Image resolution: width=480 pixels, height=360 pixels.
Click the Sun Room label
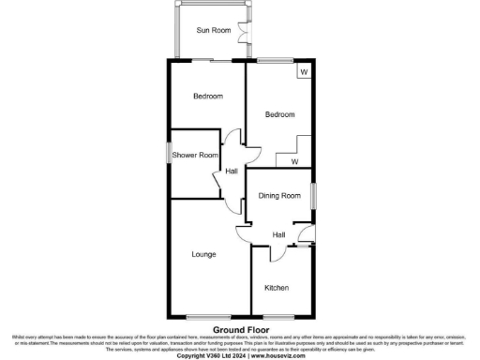click(213, 30)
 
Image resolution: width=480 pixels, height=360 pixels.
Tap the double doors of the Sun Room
click(246, 30)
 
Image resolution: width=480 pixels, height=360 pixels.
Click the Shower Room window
click(170, 152)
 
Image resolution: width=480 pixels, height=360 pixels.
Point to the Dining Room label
click(279, 196)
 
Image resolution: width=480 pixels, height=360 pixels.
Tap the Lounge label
click(204, 254)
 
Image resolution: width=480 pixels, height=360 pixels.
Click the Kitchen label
click(276, 287)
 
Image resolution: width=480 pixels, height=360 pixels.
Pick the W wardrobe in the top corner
click(303, 71)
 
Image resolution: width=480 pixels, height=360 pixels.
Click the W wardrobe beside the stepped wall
click(294, 161)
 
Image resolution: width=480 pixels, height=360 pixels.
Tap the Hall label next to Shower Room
click(231, 171)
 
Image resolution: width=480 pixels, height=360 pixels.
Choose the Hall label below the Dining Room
click(278, 234)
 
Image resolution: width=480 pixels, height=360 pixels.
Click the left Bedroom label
click(208, 97)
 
